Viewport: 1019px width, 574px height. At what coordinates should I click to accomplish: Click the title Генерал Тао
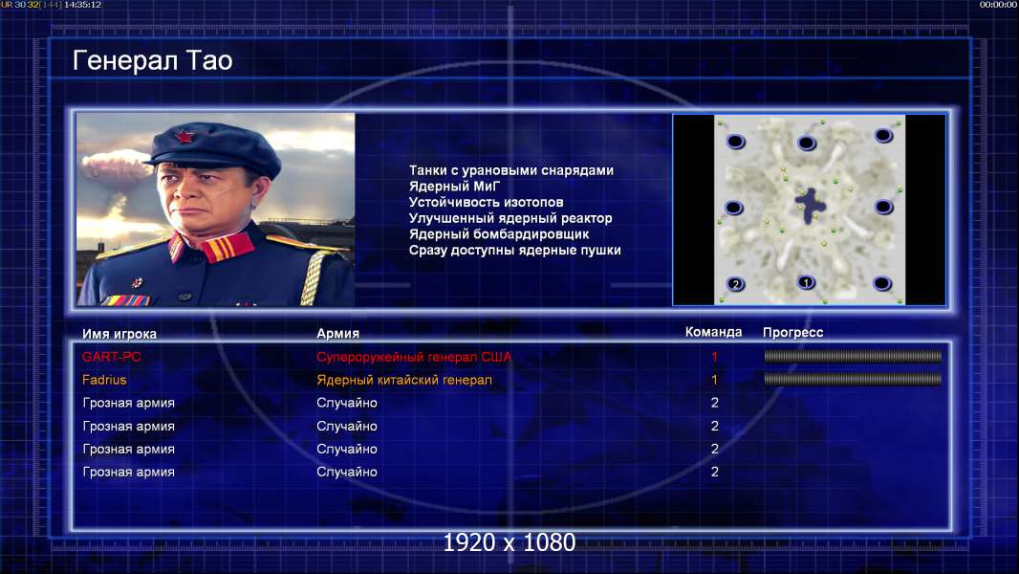[x=152, y=60]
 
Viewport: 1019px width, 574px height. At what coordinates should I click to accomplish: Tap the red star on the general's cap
[x=184, y=137]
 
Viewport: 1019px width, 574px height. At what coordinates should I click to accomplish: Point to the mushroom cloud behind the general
[x=115, y=166]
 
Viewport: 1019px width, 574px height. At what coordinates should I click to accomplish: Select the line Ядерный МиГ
[x=454, y=186]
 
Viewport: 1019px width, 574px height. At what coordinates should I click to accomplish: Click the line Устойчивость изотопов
[x=487, y=202]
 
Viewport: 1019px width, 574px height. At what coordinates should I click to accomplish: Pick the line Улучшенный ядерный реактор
[x=510, y=218]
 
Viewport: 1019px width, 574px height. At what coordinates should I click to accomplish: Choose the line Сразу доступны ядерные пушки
[x=514, y=251]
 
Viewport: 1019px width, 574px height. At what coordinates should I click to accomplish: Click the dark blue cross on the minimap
[x=811, y=206]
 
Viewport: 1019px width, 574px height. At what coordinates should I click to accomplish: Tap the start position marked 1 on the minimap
[x=806, y=282]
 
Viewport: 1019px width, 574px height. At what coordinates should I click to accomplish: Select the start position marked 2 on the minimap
[x=736, y=284]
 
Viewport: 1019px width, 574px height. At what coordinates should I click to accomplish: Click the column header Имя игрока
[x=119, y=334]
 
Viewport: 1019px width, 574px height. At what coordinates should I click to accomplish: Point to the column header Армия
[x=338, y=333]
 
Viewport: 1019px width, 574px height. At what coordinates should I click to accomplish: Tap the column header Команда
[x=713, y=332]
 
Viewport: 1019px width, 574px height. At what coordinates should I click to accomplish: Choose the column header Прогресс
[x=792, y=332]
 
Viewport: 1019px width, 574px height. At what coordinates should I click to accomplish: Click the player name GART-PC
[x=111, y=356]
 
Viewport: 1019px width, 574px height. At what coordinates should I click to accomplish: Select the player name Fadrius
[x=104, y=380]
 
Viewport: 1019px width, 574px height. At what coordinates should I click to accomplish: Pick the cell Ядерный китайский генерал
[x=404, y=380]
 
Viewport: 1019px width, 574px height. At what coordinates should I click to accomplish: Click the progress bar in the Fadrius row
[x=853, y=379]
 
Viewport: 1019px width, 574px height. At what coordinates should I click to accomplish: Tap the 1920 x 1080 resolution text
[x=509, y=542]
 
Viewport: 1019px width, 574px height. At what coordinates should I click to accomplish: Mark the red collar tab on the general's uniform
[x=228, y=247]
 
